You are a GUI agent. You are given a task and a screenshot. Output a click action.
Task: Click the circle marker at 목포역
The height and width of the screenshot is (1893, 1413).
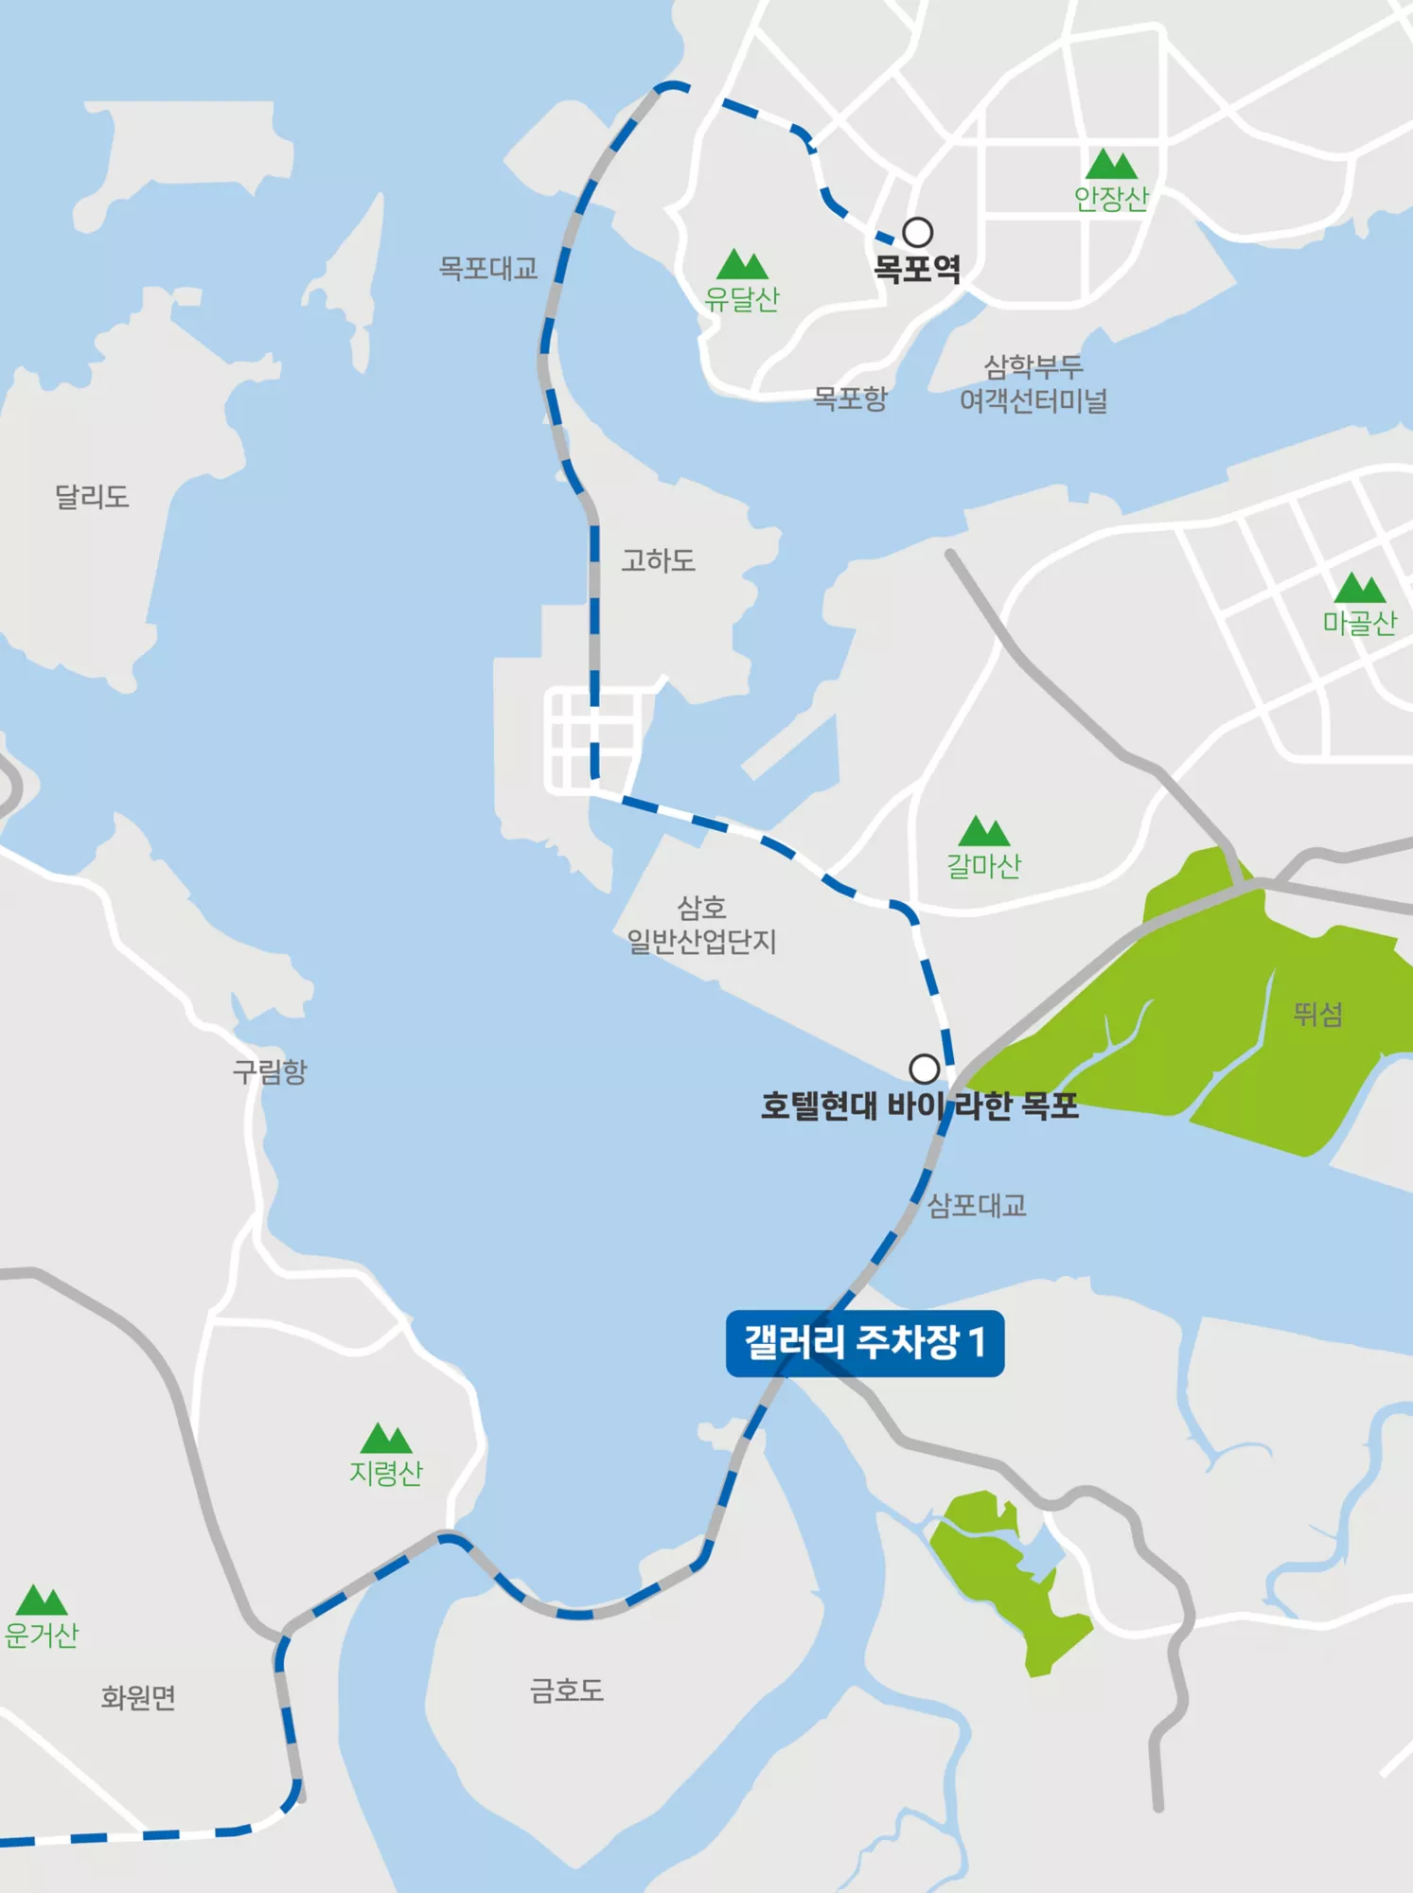pos(917,232)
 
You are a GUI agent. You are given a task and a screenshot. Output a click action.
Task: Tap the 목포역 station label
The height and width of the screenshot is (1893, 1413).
pos(916,269)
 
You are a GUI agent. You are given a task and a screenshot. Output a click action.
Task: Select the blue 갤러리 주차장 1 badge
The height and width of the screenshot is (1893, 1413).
pos(865,1342)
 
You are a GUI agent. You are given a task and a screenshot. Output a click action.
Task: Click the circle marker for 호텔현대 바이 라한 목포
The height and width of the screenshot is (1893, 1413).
pos(924,1069)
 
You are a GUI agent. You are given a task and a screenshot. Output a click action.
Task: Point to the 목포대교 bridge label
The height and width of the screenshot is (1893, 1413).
pos(487,269)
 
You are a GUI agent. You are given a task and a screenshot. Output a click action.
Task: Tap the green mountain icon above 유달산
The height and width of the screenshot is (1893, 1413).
pos(742,264)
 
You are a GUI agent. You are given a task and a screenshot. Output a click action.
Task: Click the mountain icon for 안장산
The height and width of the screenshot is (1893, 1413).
pos(1111,165)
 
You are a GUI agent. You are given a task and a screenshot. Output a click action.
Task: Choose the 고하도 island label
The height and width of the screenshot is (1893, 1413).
pos(658,560)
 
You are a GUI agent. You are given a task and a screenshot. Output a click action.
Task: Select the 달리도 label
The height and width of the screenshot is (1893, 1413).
pos(92,496)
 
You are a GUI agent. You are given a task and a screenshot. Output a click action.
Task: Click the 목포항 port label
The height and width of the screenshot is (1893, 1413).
pos(850,398)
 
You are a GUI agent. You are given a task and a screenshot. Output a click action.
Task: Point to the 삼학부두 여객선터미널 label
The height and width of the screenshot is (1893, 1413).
pos(1033,384)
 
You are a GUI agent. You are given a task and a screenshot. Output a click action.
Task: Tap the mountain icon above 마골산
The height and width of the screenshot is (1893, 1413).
pos(1359,588)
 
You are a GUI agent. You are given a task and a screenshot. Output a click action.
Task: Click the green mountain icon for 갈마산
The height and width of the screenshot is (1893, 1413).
pos(983,831)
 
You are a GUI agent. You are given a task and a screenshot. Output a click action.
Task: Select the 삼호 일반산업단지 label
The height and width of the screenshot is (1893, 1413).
pos(701,925)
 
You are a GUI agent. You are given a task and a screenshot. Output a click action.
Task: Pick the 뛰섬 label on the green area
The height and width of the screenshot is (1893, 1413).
pos(1318,1015)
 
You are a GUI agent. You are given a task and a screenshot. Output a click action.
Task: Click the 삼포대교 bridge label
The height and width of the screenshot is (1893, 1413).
pos(977,1205)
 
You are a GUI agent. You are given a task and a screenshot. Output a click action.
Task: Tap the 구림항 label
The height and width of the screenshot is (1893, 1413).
pos(270,1071)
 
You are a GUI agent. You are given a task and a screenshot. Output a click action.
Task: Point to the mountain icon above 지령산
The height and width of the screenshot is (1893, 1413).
pos(385,1439)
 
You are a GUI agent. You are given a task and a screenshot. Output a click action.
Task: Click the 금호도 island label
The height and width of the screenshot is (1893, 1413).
pos(566,1690)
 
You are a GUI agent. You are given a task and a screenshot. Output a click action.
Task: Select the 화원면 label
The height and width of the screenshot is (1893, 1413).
pos(138,1697)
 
